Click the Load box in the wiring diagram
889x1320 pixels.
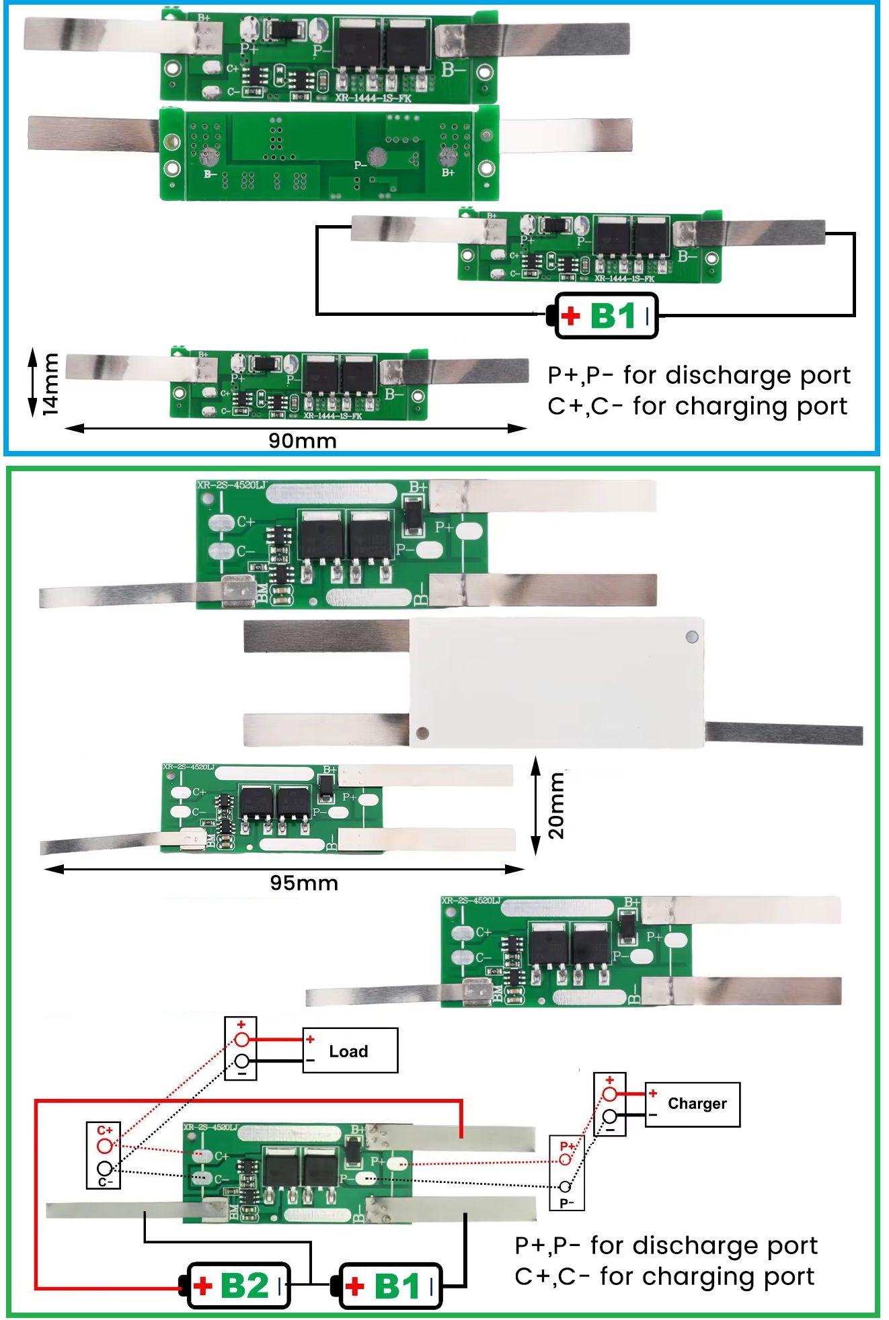350,1050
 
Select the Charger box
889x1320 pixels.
693,1104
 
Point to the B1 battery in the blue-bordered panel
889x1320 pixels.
606,316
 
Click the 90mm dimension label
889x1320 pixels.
303,441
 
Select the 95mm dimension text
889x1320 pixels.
304,883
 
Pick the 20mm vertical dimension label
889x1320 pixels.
556,806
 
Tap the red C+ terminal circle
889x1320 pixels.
104,1145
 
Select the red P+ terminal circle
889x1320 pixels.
566,1160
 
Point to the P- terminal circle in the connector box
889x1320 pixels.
566,1187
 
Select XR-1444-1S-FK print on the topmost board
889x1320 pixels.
373,97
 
